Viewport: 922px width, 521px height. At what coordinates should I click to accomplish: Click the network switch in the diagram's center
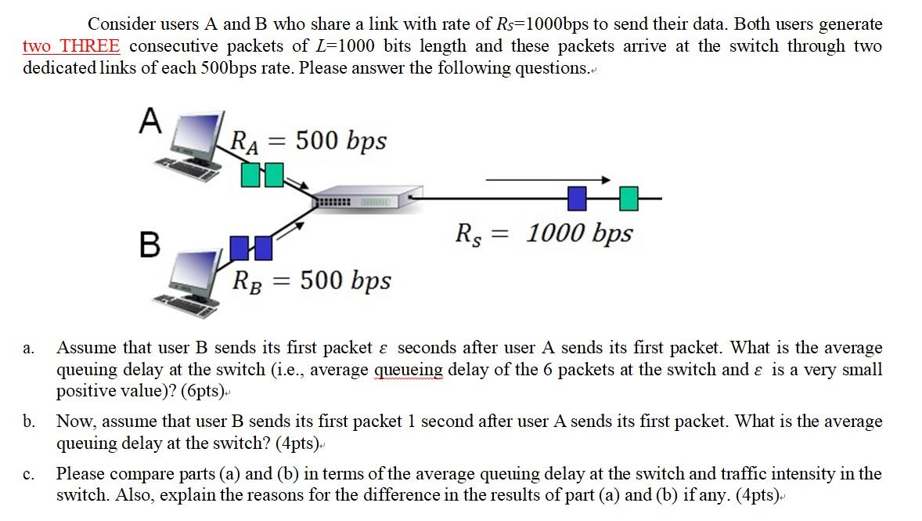coord(358,201)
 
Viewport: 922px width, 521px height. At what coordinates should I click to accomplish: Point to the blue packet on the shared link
coord(577,199)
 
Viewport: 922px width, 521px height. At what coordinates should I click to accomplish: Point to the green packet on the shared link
coord(629,199)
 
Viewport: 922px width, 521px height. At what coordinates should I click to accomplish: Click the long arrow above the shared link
coord(547,180)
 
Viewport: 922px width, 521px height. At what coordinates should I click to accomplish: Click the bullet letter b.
coord(29,422)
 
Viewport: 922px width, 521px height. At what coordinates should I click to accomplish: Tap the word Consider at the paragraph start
coord(113,24)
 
